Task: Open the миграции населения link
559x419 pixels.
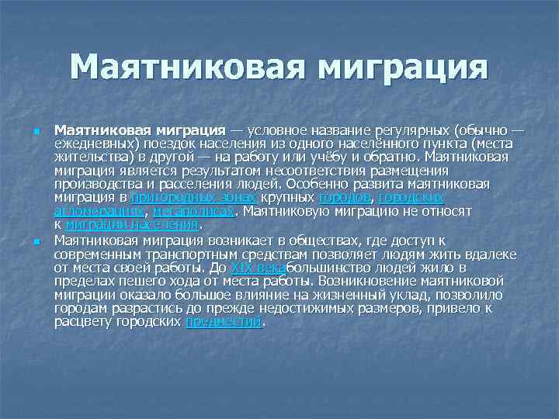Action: pyautogui.click(x=132, y=224)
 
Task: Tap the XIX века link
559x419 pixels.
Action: pyautogui.click(x=259, y=268)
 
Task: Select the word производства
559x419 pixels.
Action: pyautogui.click(x=94, y=185)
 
